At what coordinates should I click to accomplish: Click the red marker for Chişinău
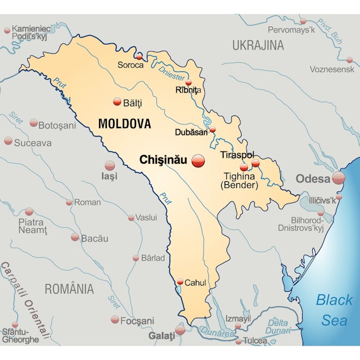pos(198,161)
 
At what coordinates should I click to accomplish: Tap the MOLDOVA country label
pos(124,124)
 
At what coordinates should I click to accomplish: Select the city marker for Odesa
pos(338,178)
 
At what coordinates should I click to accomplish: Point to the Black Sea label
pos(335,309)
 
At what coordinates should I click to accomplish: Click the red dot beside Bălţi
pos(117,103)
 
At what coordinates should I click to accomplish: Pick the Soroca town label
pos(130,65)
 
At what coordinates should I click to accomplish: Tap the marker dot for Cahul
pos(180,281)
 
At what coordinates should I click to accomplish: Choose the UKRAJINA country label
pos(258,45)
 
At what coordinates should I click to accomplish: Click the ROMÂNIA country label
pos(69,289)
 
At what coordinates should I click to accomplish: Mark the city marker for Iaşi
pos(110,166)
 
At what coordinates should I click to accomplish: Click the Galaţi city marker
pos(180,330)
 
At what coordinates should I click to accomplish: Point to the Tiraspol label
pos(237,155)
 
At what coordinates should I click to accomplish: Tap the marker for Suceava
pos(8,141)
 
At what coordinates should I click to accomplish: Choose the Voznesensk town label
pos(331,69)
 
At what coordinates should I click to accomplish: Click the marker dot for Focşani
pos(115,320)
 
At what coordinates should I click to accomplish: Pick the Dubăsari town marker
pos(212,129)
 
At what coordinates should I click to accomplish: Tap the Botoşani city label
pos(57,126)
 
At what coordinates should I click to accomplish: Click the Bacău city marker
pos(75,237)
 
